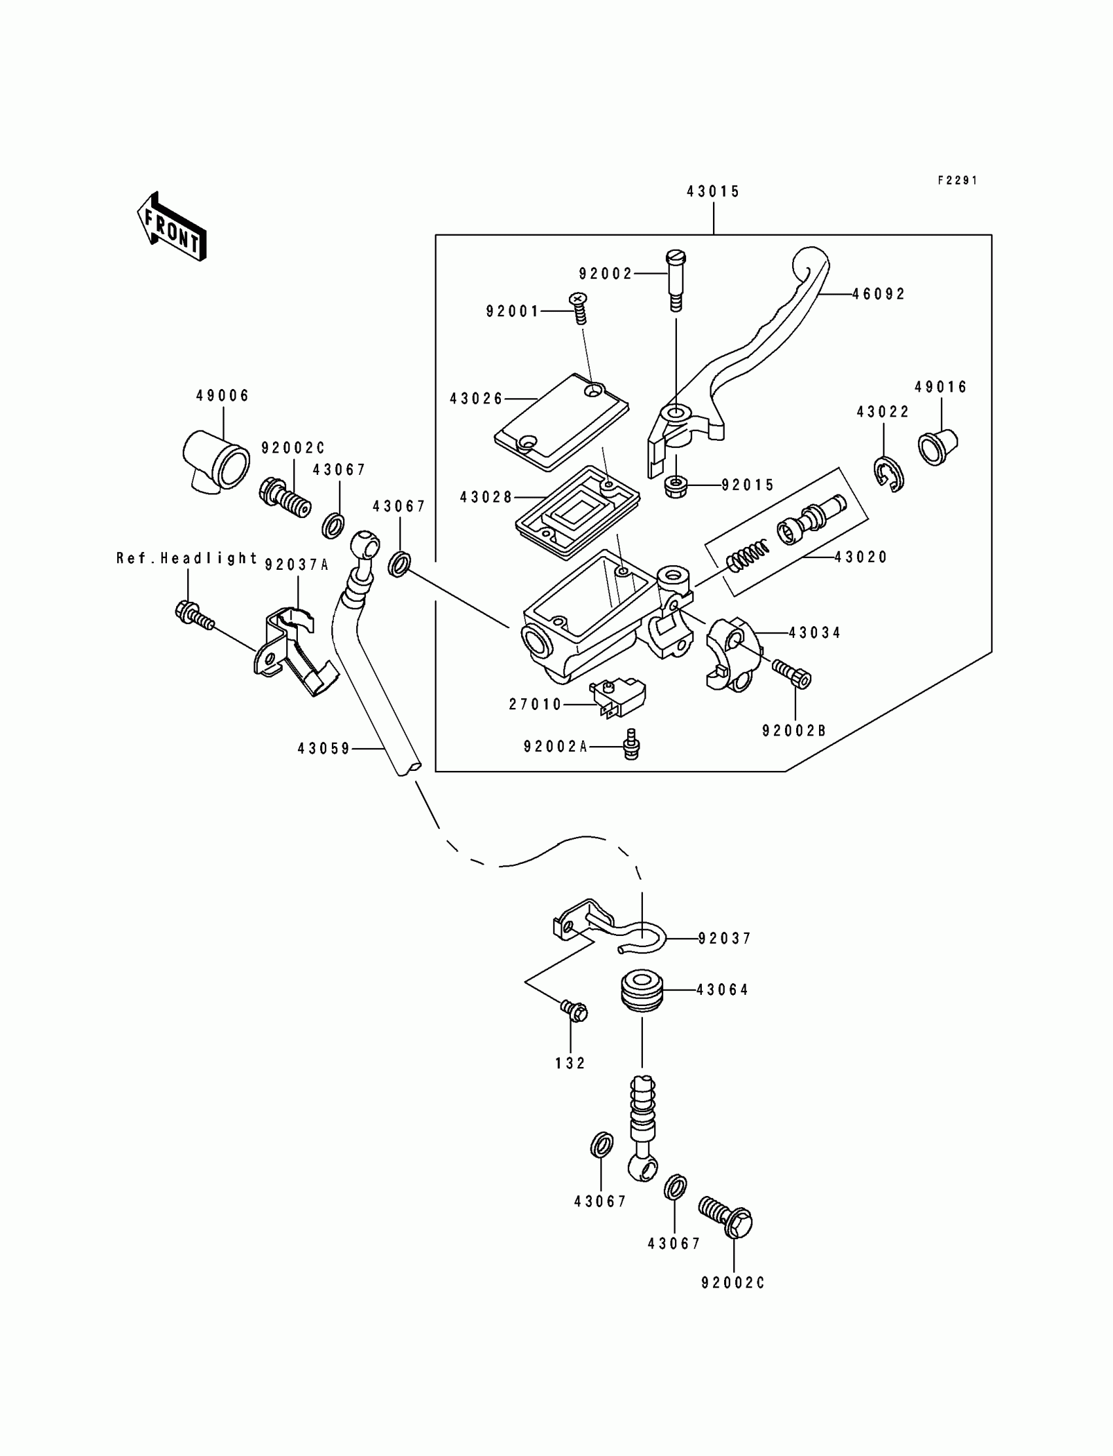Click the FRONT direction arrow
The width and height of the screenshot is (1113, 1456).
point(172,227)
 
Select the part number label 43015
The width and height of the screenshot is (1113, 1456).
point(713,191)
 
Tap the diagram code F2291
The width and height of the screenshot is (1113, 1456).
point(957,180)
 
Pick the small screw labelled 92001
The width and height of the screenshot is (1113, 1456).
point(579,308)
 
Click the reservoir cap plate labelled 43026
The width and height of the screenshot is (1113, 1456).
point(562,422)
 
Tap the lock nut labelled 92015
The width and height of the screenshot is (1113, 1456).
point(675,487)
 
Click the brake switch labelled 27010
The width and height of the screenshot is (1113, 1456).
point(617,698)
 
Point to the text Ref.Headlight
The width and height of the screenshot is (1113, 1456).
point(187,559)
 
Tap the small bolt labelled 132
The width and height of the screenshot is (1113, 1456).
point(574,1011)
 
